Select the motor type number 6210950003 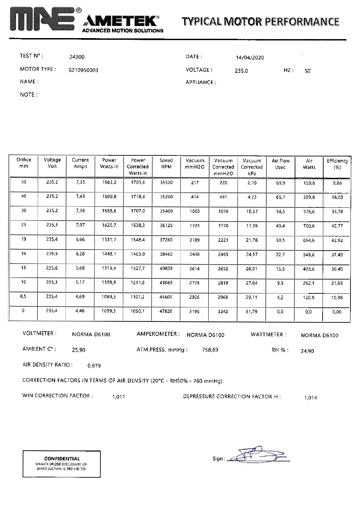click(x=83, y=70)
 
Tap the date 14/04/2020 click(x=250, y=57)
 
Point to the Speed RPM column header click(x=166, y=164)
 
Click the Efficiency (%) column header click(x=337, y=164)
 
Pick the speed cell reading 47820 click(x=166, y=311)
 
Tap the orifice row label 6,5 click(x=23, y=296)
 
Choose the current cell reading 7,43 click(x=80, y=197)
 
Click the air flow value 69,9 click(x=280, y=183)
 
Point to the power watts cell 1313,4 click(x=109, y=268)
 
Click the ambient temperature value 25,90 click(x=79, y=350)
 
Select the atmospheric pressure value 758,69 click(x=210, y=350)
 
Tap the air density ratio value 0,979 click(x=94, y=366)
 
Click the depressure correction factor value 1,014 click(x=310, y=397)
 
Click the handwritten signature click(x=257, y=455)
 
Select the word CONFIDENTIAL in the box click(x=62, y=458)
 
